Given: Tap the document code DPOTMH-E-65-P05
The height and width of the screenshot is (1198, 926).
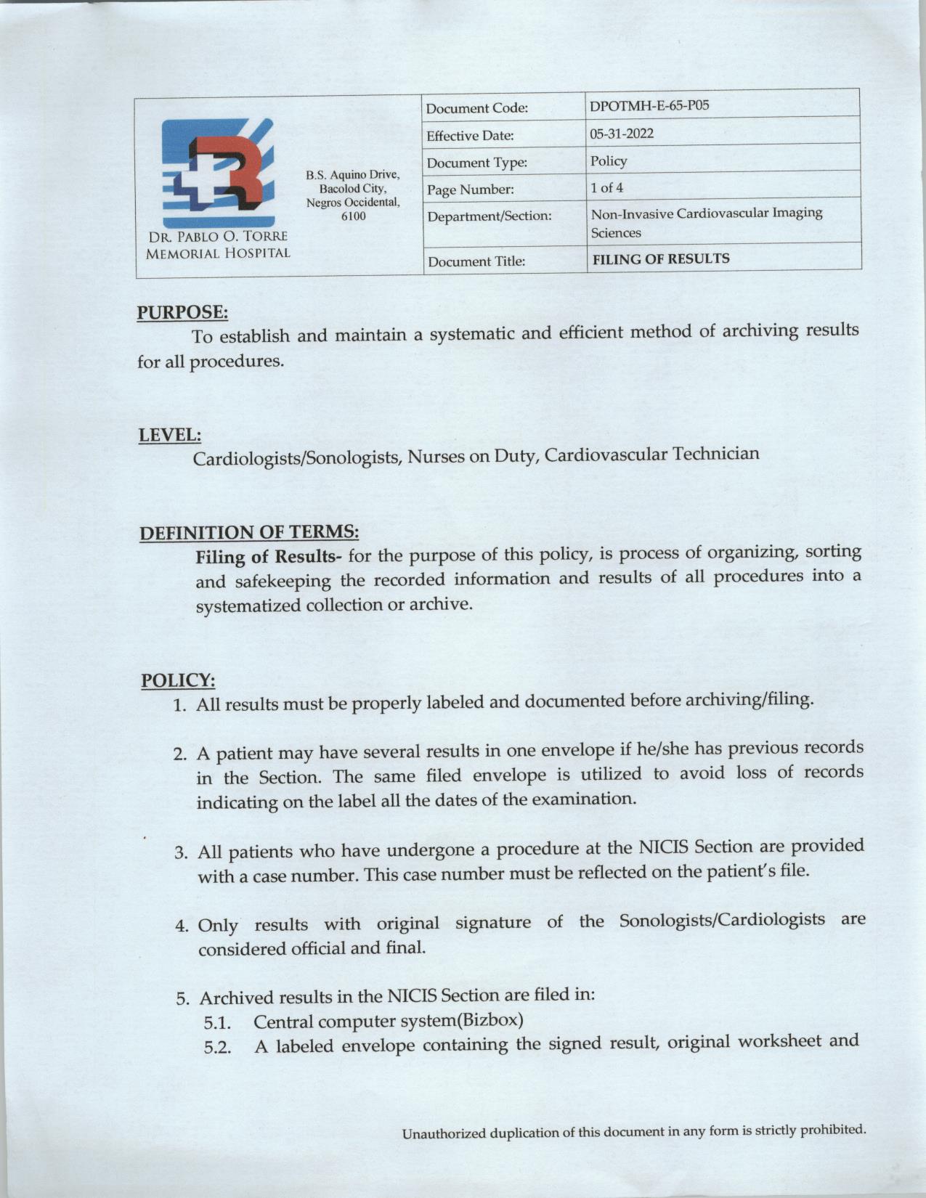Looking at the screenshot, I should click(x=649, y=106).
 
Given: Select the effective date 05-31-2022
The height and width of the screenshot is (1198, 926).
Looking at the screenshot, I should click(x=622, y=134).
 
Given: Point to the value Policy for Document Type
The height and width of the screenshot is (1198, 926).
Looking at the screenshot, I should click(x=609, y=160).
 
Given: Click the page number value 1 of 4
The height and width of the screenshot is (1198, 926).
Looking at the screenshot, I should click(x=606, y=188).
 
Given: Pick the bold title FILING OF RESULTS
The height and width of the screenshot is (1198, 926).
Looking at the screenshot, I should click(x=661, y=258).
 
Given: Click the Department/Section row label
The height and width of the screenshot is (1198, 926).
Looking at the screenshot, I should click(x=490, y=216).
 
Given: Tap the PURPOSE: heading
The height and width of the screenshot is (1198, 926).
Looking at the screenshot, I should click(x=182, y=313).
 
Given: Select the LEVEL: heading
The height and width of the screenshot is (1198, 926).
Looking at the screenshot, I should click(x=170, y=436).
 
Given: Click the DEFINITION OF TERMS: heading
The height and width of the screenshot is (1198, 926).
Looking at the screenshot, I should click(x=249, y=533).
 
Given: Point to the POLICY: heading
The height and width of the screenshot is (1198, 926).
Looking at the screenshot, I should click(x=178, y=681).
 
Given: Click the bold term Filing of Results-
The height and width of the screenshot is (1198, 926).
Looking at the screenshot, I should click(x=269, y=558).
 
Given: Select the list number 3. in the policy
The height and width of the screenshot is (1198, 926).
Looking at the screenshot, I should click(x=182, y=852).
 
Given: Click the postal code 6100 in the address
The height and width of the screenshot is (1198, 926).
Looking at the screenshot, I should click(x=353, y=216).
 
